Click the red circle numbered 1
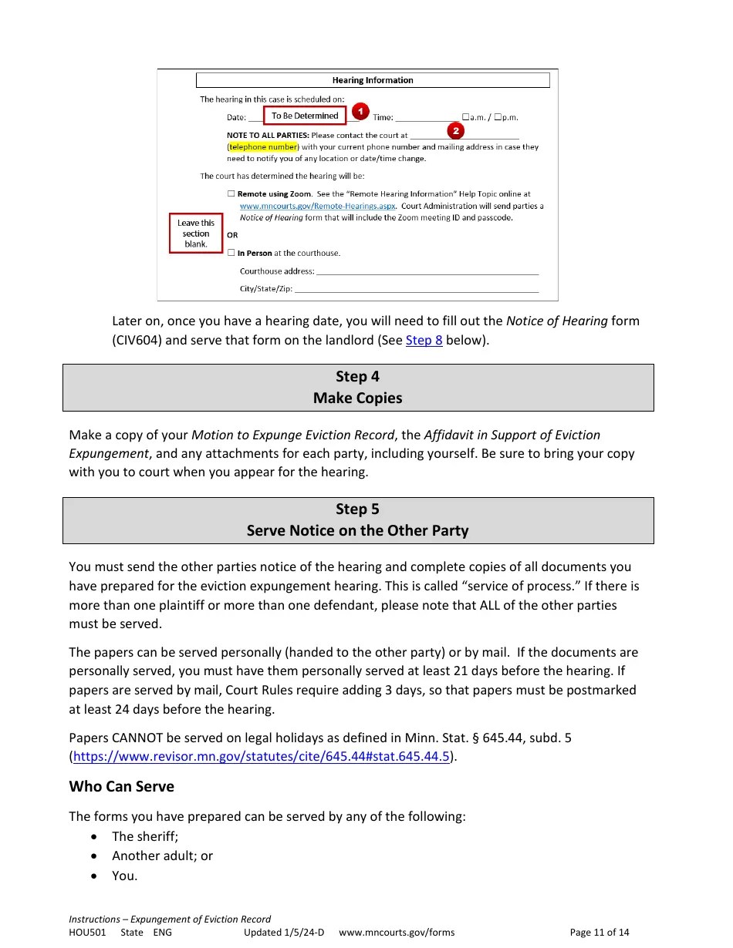(360, 111)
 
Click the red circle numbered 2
(456, 131)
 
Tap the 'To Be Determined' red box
(305, 116)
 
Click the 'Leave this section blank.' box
(196, 233)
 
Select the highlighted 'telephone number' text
(262, 146)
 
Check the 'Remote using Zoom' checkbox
(231, 194)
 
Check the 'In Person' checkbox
(231, 253)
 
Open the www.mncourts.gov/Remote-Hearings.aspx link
(317, 206)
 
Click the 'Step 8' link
(424, 340)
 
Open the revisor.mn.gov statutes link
(261, 756)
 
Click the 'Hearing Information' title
(373, 80)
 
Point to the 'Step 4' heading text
(357, 376)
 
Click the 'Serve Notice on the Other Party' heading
(357, 530)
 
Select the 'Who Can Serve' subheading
(121, 786)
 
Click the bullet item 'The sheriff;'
(145, 836)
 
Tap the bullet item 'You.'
(124, 876)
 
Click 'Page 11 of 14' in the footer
(599, 932)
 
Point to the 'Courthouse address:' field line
(427, 272)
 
